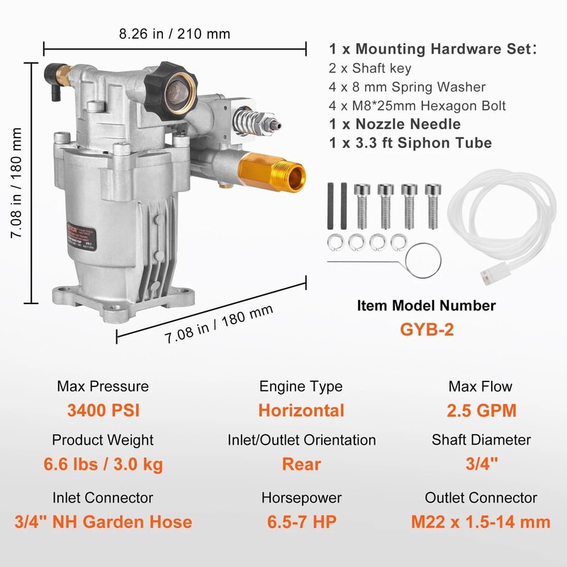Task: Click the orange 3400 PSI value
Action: (x=103, y=410)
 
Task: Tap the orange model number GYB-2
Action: (x=426, y=330)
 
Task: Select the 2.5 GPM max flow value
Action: (x=481, y=410)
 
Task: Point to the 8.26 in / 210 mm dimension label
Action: (x=174, y=33)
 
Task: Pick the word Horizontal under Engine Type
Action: (x=301, y=410)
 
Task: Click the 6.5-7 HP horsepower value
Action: (x=301, y=522)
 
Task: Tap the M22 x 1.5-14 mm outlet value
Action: (x=481, y=522)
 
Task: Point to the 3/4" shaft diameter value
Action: (x=481, y=465)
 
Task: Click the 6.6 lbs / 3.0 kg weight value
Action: (x=103, y=465)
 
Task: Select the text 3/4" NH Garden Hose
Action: (x=103, y=522)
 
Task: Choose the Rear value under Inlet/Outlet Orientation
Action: (x=301, y=465)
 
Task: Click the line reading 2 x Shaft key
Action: (x=369, y=69)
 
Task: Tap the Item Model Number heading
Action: (x=426, y=305)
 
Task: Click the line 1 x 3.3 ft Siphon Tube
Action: (x=410, y=142)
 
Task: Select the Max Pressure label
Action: (x=103, y=386)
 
